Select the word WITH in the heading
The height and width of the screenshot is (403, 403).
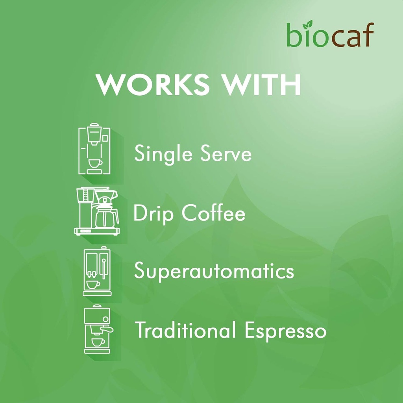259,84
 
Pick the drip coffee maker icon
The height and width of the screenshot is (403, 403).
97,211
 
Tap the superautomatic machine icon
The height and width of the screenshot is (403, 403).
97,271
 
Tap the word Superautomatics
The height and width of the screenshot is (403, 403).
214,272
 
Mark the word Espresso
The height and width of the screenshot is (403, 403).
285,331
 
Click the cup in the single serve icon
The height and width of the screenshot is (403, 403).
95,163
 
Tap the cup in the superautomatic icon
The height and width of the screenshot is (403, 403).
93,284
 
